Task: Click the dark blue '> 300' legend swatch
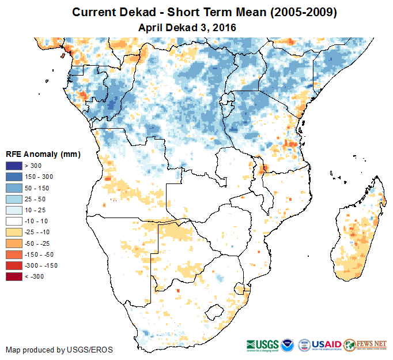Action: tap(14, 166)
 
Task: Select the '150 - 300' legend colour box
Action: tap(14, 177)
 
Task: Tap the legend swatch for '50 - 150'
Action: tap(14, 188)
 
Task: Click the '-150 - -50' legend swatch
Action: tap(14, 254)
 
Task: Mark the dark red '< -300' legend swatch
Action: tap(14, 277)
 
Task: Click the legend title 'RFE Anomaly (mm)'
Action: tap(43, 155)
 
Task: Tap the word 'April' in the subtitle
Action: tap(151, 27)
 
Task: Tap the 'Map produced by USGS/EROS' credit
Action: tap(59, 350)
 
